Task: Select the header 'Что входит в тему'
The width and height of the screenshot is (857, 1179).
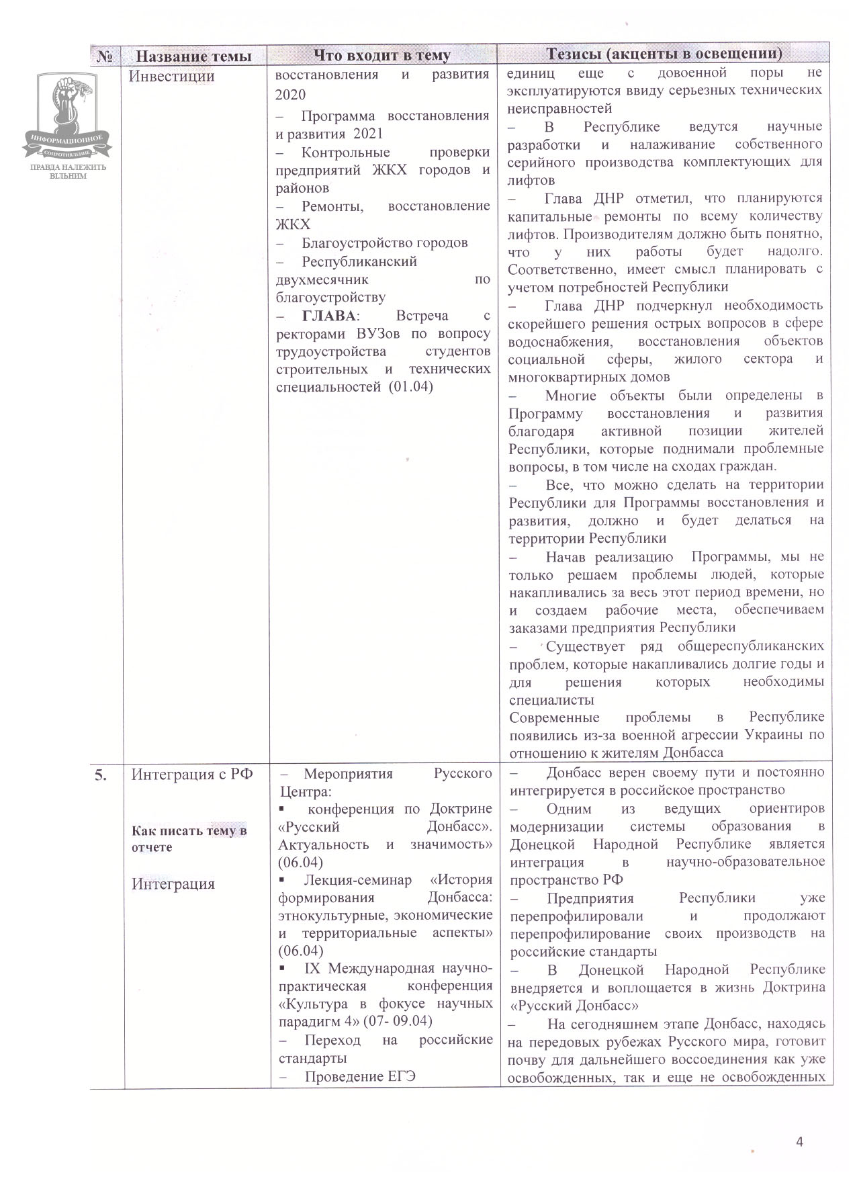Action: click(381, 55)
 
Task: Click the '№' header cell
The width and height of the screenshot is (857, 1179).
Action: click(105, 56)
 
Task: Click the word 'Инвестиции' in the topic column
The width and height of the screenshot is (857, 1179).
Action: click(171, 76)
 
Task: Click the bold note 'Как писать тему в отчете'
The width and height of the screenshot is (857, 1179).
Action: click(189, 838)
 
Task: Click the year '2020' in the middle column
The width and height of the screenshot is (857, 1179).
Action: click(290, 94)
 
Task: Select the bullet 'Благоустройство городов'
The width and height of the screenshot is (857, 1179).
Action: click(384, 243)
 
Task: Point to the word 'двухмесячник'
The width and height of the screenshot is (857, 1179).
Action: click(322, 279)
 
